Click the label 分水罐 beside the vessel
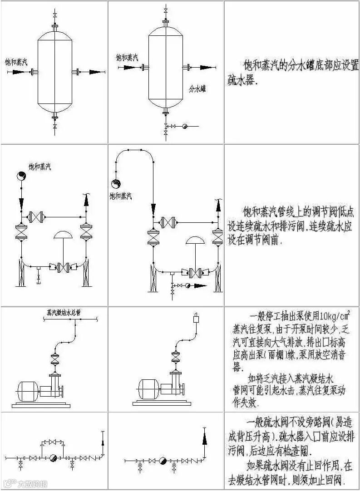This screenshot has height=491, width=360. [x=197, y=89]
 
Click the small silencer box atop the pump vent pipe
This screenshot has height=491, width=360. [x=196, y=318]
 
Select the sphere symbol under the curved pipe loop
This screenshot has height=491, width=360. [x=116, y=184]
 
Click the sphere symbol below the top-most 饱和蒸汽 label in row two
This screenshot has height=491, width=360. [x=21, y=176]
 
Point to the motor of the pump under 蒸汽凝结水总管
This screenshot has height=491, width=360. [x=28, y=390]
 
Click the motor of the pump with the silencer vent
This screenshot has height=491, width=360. [x=148, y=389]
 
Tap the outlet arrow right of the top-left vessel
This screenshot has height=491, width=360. [x=96, y=72]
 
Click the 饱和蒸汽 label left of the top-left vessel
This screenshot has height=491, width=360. [x=15, y=62]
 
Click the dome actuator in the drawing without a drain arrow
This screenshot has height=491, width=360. [x=64, y=235]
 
